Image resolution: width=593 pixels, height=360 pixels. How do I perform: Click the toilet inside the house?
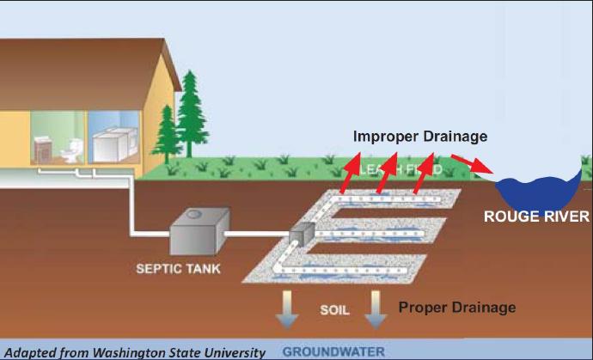pos(66,151)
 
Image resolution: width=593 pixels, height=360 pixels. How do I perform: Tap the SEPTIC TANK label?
pos(178,269)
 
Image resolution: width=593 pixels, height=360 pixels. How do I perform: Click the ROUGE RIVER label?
pos(536,216)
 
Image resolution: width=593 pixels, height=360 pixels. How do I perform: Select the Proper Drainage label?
pos(457,307)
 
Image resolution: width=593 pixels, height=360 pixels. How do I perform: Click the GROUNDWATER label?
pos(334,351)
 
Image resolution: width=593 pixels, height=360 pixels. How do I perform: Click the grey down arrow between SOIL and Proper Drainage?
pos(376,310)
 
